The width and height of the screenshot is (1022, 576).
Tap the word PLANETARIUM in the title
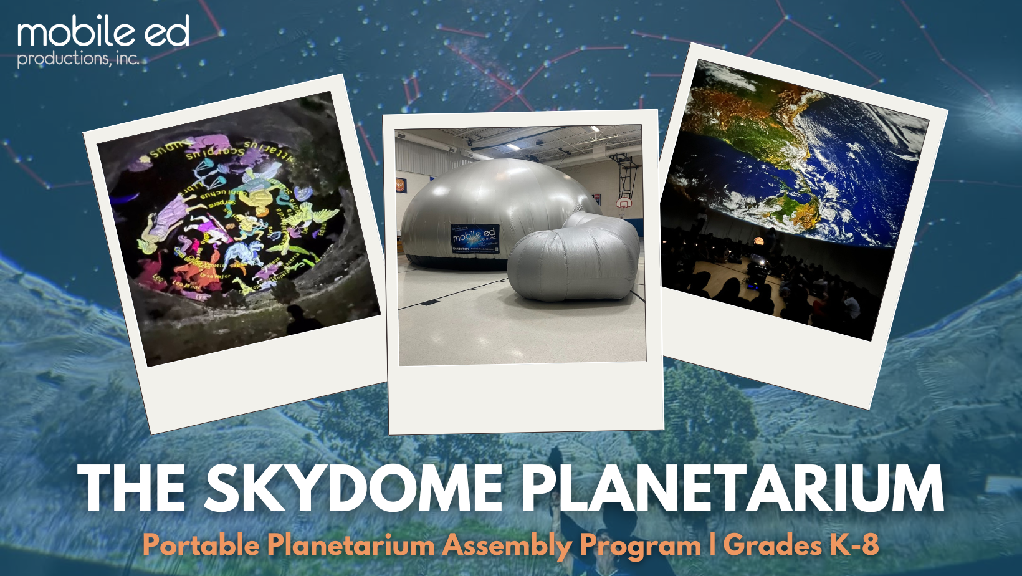click(732, 489)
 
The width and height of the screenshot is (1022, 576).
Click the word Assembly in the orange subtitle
click(507, 545)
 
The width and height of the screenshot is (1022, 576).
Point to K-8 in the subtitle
click(854, 544)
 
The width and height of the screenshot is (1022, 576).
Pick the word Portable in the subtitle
click(201, 545)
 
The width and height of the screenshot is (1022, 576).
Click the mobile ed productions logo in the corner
click(103, 41)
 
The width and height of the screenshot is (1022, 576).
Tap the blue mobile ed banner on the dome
click(475, 239)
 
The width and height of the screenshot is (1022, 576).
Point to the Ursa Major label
click(215, 275)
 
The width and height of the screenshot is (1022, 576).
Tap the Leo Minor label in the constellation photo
click(187, 285)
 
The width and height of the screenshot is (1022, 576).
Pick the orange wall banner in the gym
click(399, 185)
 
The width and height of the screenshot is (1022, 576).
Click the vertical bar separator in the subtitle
click(712, 544)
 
